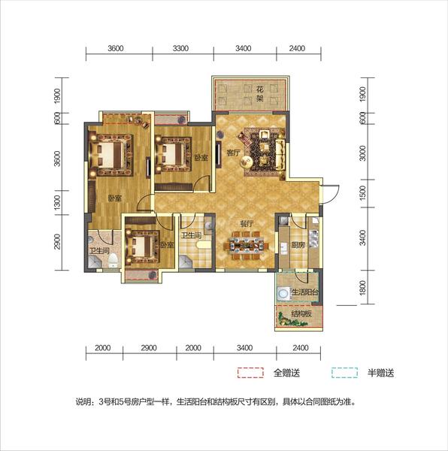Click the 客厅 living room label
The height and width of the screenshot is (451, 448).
click(x=233, y=153)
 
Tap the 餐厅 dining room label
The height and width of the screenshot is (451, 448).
click(x=247, y=223)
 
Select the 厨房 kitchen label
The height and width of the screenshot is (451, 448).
click(x=298, y=245)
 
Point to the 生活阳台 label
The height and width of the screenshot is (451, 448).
click(x=305, y=292)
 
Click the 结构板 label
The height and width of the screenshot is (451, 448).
click(x=301, y=313)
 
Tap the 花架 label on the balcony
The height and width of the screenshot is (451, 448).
click(x=260, y=94)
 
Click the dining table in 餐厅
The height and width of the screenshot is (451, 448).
click(x=247, y=246)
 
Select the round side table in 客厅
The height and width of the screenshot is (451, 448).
click(x=247, y=162)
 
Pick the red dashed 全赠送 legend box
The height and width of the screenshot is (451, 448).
click(x=250, y=373)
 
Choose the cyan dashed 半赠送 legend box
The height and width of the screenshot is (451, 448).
click(x=344, y=373)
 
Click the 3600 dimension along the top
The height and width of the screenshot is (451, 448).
click(x=116, y=48)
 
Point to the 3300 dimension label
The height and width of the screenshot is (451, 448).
click(x=180, y=48)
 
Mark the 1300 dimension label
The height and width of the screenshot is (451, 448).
click(x=58, y=202)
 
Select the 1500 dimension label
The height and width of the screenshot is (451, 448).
click(x=363, y=193)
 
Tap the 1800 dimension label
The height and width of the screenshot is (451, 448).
click(x=363, y=287)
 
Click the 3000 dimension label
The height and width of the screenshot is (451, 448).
click(x=363, y=153)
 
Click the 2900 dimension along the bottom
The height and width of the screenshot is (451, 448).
click(x=149, y=348)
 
